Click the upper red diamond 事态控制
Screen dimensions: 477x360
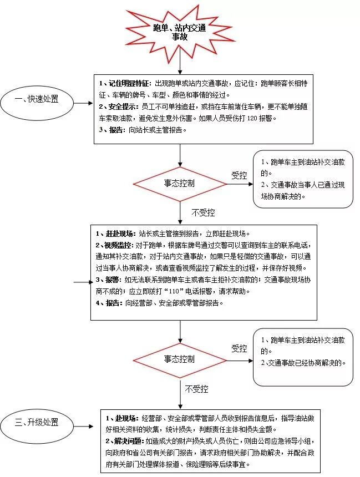179,183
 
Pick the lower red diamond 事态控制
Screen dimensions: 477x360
179,359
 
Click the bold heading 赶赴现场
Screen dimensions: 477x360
117,233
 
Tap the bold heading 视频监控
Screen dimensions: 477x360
117,245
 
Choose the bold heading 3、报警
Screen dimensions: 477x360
108,280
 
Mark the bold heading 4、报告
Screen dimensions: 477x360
108,303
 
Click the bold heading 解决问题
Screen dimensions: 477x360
125,441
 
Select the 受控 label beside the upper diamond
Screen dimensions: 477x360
239,175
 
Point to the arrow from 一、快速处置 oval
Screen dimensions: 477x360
83,103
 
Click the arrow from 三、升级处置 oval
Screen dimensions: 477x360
83,426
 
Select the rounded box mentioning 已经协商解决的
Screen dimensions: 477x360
303,356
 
